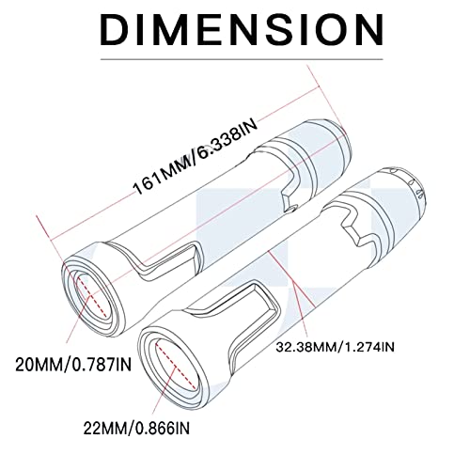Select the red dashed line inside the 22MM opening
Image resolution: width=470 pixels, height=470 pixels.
pyautogui.click(x=176, y=363)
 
